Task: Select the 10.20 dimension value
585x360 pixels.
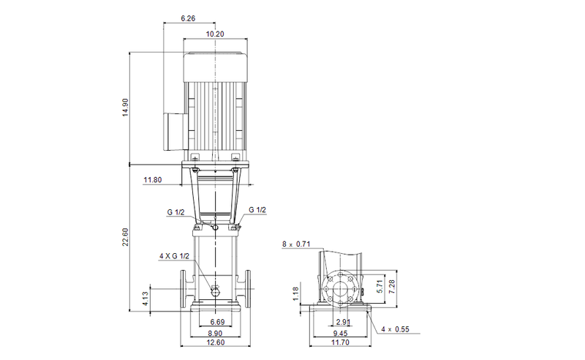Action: click(x=215, y=34)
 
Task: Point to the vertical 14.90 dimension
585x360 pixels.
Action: click(x=125, y=107)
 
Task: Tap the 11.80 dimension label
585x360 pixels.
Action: click(x=153, y=179)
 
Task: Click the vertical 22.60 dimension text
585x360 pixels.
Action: click(x=125, y=238)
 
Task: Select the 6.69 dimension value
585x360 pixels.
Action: click(x=216, y=323)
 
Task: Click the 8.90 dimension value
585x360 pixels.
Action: click(x=216, y=334)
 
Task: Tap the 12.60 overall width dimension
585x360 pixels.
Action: click(x=216, y=345)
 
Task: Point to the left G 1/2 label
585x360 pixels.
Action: click(x=175, y=213)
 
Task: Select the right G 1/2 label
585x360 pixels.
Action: click(x=257, y=210)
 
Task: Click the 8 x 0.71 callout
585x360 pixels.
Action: click(x=296, y=244)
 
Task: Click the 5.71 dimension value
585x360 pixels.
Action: click(x=380, y=288)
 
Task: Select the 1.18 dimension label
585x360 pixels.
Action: click(x=295, y=294)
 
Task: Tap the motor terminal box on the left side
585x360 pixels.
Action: click(x=172, y=129)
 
